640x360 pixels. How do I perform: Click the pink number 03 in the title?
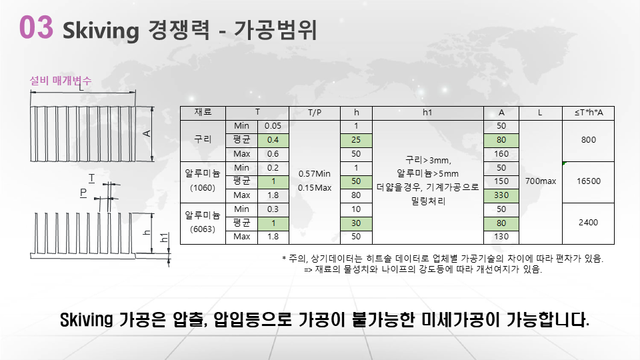pos(36,27)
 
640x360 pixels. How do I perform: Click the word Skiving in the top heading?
pos(101,31)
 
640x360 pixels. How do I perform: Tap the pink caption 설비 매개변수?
pos(61,81)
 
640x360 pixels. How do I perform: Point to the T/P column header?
pos(314,113)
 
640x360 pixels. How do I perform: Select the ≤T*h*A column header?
pos(589,113)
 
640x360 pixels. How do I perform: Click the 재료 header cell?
pos(203,112)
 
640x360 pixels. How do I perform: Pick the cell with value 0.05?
pos(273,126)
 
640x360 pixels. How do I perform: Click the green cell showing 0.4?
pos(273,140)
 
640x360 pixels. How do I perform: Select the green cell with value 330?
pos(501,195)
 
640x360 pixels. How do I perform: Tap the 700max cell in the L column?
pos(541,181)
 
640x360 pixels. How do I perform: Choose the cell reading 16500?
pos(588,181)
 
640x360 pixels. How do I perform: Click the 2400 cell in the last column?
pos(588,223)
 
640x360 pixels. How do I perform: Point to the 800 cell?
pos(589,140)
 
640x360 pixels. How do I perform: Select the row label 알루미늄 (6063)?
pos(203,222)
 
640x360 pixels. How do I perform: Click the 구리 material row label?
pos(203,139)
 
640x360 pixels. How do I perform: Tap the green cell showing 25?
pos(356,140)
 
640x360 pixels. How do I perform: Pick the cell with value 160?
pos(501,154)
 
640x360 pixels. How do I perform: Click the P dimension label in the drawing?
pos(83,193)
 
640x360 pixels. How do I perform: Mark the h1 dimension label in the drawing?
pos(164,237)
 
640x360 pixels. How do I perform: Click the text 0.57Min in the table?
pos(314,174)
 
